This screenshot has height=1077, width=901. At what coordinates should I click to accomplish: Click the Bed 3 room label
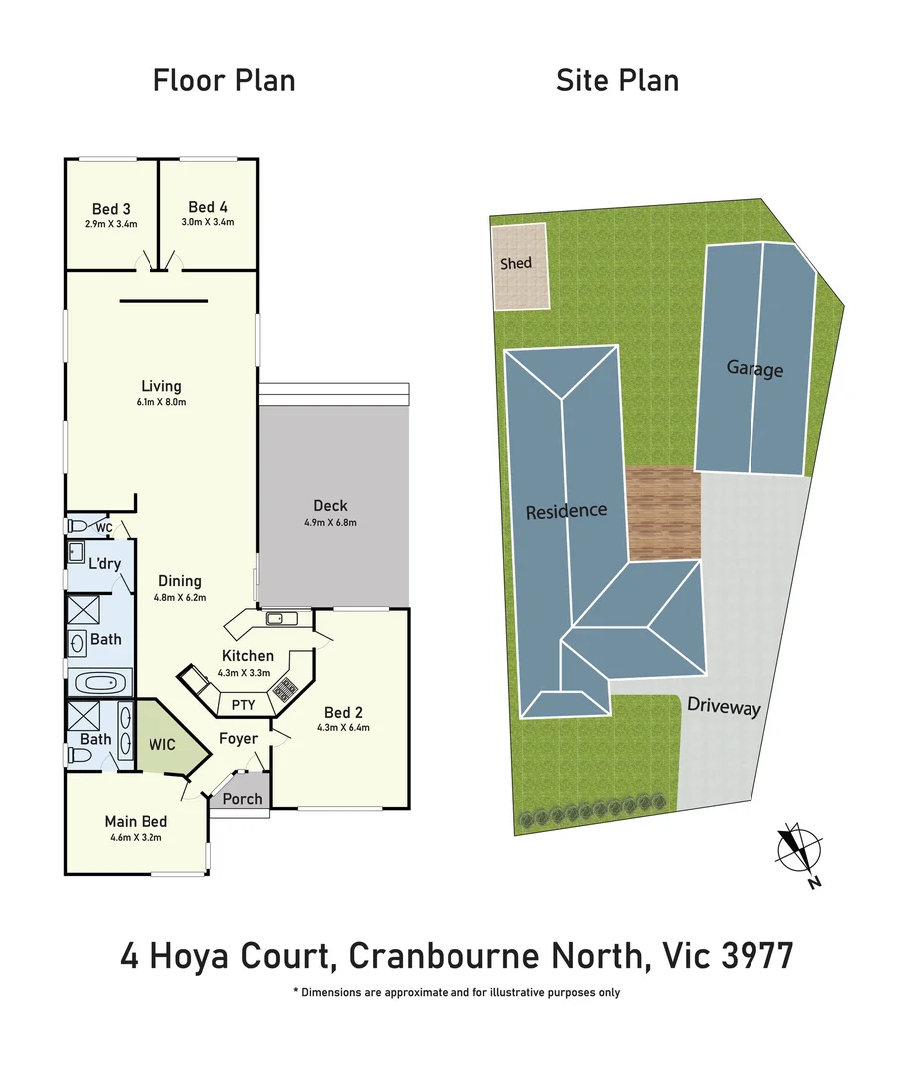(111, 209)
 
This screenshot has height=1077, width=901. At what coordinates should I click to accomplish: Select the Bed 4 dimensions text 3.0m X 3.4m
(208, 222)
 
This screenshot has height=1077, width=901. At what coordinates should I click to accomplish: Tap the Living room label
(161, 386)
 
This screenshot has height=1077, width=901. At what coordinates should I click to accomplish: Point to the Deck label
(330, 506)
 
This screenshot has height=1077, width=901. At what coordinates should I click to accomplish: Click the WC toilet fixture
(77, 526)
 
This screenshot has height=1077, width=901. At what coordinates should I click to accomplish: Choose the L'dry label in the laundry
(105, 564)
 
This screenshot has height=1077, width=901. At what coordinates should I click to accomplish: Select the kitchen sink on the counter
(280, 619)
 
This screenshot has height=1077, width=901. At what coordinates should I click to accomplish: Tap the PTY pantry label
(243, 704)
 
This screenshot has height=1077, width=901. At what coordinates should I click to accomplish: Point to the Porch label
(242, 799)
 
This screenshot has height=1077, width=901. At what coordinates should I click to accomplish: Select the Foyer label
(239, 739)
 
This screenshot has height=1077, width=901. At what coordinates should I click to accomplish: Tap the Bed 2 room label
(343, 712)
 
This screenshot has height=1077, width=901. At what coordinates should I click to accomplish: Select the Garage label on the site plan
(754, 369)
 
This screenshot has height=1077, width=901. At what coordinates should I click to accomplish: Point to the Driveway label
(724, 707)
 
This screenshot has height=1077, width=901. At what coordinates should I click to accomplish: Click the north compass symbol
(800, 850)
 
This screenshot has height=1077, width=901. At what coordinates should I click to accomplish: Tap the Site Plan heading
(617, 80)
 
